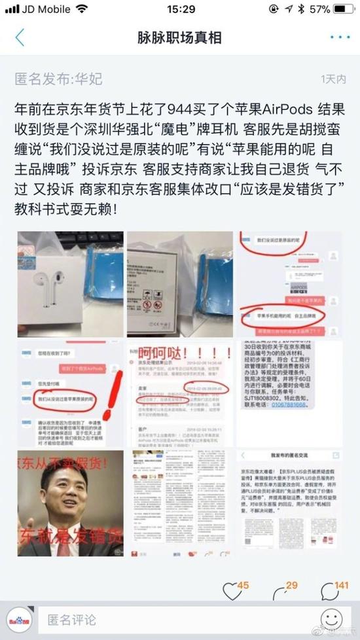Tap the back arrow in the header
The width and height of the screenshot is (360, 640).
20,37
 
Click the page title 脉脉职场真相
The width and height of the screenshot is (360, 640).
180,37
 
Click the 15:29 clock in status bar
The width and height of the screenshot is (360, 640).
181,9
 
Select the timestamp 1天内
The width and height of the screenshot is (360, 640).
333,79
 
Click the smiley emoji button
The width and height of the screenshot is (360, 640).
332,619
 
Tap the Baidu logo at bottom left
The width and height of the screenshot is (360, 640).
20,619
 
